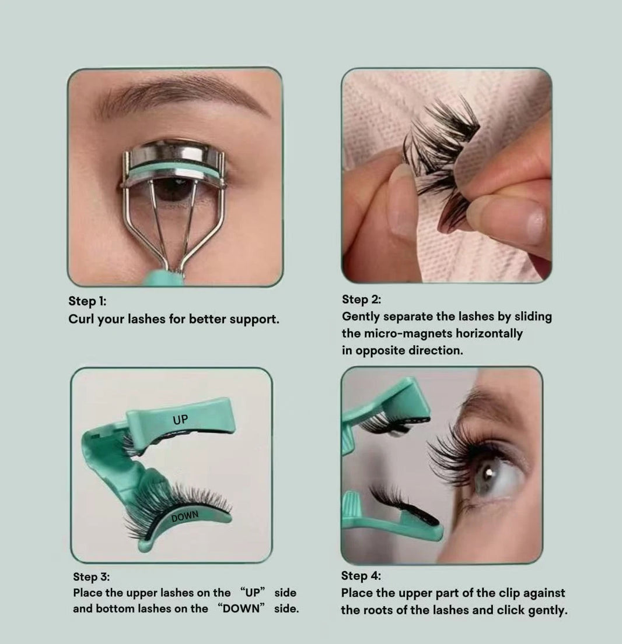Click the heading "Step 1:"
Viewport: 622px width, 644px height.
87,301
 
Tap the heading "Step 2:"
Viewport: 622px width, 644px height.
361,300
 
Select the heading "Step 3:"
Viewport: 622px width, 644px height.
91,576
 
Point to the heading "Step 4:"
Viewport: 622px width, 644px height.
361,576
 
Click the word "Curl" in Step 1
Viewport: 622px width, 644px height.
81,319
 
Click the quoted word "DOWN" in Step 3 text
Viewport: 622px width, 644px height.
241,608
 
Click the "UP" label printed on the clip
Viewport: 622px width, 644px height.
180,420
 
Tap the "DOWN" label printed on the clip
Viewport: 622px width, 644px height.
185,516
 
